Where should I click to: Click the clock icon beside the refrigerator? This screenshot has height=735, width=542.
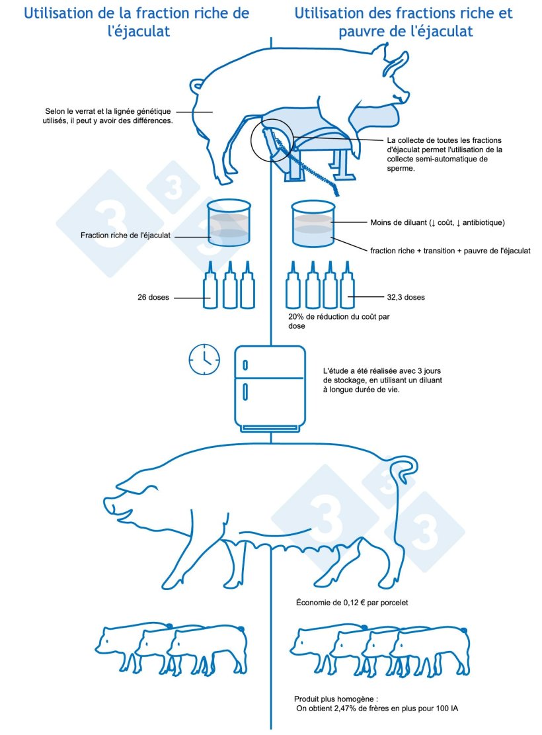(204, 359)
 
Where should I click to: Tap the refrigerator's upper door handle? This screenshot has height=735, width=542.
(245, 365)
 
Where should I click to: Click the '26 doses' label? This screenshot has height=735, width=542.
(153, 297)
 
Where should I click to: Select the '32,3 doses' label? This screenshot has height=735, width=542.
(406, 297)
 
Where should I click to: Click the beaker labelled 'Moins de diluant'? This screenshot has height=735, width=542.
(313, 224)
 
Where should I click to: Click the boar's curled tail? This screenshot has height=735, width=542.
(197, 86)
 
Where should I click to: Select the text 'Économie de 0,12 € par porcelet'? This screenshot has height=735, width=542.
(352, 603)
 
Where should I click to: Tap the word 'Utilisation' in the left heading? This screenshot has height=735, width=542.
(60, 13)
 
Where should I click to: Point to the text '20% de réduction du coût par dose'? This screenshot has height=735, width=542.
(338, 321)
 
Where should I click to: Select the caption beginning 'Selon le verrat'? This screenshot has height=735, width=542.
(108, 116)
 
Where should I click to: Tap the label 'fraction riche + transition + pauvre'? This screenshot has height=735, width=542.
(450, 251)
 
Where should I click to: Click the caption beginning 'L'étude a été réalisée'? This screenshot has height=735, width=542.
(382, 380)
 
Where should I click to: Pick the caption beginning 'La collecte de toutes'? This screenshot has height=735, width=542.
(445, 154)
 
